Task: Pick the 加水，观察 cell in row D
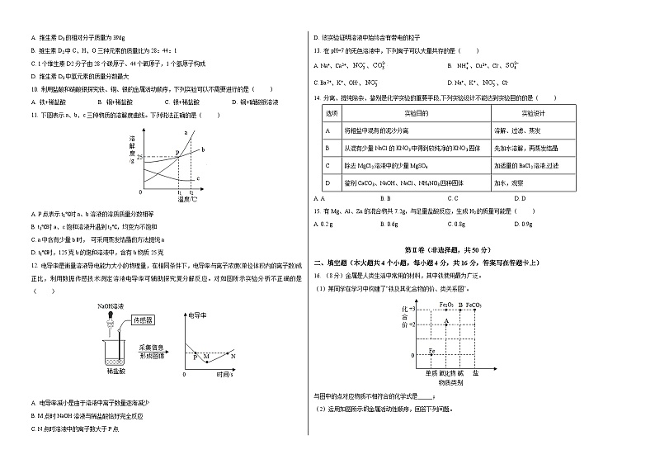pyautogui.click(x=508, y=182)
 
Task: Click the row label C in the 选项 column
pyautogui.click(x=327, y=165)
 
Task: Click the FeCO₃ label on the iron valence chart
pyautogui.click(x=473, y=305)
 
